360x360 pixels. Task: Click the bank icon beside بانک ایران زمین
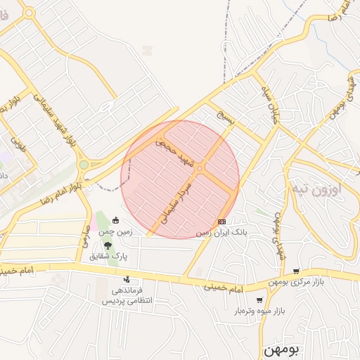point(222,222)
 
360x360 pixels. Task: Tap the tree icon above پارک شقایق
point(108,245)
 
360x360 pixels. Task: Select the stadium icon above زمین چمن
point(116,221)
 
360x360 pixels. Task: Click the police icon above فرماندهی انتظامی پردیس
point(127,280)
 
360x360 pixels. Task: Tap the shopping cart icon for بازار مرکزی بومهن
point(296,271)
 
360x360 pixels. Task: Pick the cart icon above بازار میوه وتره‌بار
point(259,300)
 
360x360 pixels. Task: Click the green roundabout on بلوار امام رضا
point(84,165)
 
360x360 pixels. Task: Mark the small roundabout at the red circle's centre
point(199,168)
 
